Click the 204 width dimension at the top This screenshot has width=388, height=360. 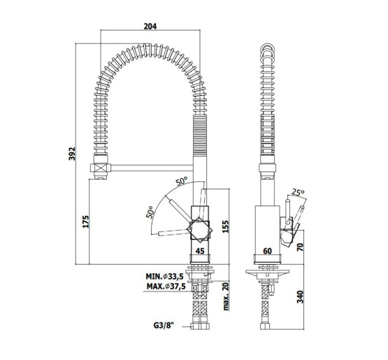point(150,26)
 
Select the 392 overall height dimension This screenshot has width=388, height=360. point(72,154)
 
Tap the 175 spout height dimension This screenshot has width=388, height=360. point(85,222)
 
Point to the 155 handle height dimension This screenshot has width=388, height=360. point(226,226)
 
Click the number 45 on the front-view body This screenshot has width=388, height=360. point(200,251)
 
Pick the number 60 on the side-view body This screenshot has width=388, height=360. point(268,251)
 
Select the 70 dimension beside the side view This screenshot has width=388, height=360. point(300,247)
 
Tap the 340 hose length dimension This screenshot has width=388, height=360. point(300,297)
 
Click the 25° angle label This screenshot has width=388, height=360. point(298,192)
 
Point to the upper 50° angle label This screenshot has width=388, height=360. point(182,181)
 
